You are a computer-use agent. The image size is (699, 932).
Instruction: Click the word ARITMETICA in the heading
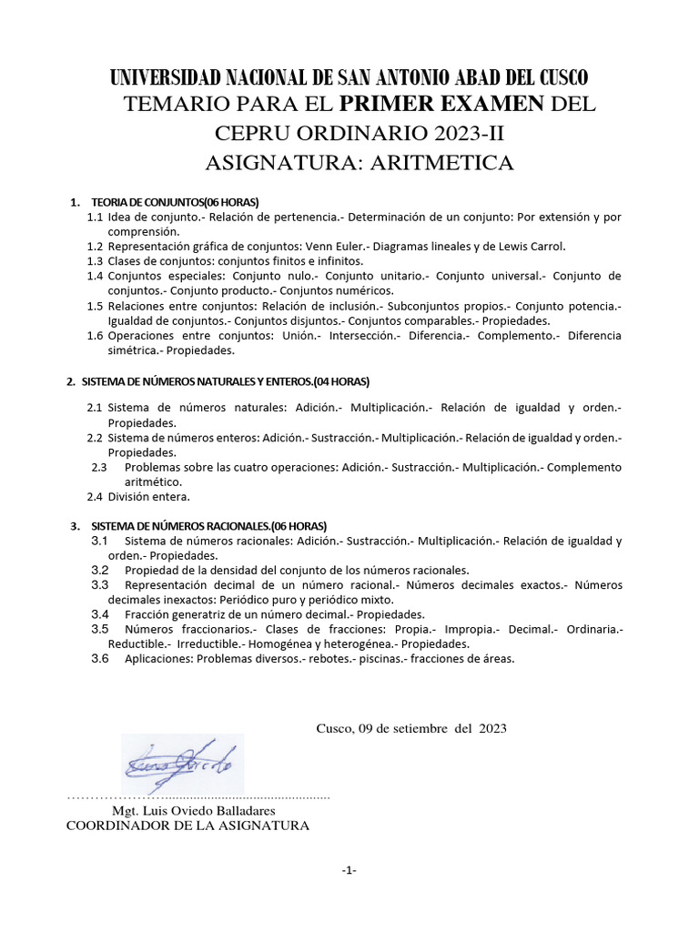coord(441,164)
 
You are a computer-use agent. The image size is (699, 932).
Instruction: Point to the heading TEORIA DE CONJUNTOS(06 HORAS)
coord(176,201)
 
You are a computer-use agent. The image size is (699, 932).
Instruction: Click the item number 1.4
coord(95,276)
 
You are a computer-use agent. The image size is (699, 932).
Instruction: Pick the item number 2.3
coord(100,467)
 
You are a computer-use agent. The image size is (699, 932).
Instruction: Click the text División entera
coord(148,497)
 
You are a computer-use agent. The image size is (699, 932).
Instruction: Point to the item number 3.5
coord(100,629)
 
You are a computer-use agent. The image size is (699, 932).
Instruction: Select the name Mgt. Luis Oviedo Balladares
coord(194,810)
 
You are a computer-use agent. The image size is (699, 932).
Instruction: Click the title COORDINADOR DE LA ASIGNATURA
coord(188,826)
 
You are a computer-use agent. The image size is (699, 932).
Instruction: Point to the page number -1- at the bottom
coord(349,871)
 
